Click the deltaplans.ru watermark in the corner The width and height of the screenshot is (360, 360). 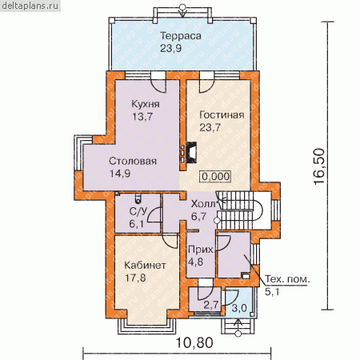tap(30, 6)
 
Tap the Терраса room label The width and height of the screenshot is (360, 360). tap(181, 36)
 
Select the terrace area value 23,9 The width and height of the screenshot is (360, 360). tap(171, 48)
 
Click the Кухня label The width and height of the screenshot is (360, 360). tap(146, 104)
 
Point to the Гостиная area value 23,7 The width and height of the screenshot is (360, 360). tap(210, 127)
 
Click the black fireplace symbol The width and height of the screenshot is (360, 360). tap(191, 152)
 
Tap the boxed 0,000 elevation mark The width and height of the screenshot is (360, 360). tap(216, 176)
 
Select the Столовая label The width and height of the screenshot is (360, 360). tap(133, 161)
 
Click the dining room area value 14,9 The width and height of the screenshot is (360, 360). tap(120, 174)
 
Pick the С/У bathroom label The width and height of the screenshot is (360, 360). tap(138, 211)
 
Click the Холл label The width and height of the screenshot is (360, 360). tap(203, 204)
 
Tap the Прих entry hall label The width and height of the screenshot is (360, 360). tap(201, 250)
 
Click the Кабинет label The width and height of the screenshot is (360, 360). tap(145, 266)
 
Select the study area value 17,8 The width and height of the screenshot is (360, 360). tap(135, 278)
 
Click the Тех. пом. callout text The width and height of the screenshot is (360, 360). tap(288, 279)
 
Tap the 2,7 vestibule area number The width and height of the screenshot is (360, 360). tap(211, 305)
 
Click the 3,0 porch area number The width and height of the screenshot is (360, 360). tap(239, 308)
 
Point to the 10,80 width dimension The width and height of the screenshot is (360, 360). tap(194, 342)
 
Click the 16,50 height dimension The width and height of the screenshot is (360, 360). tap(319, 166)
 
